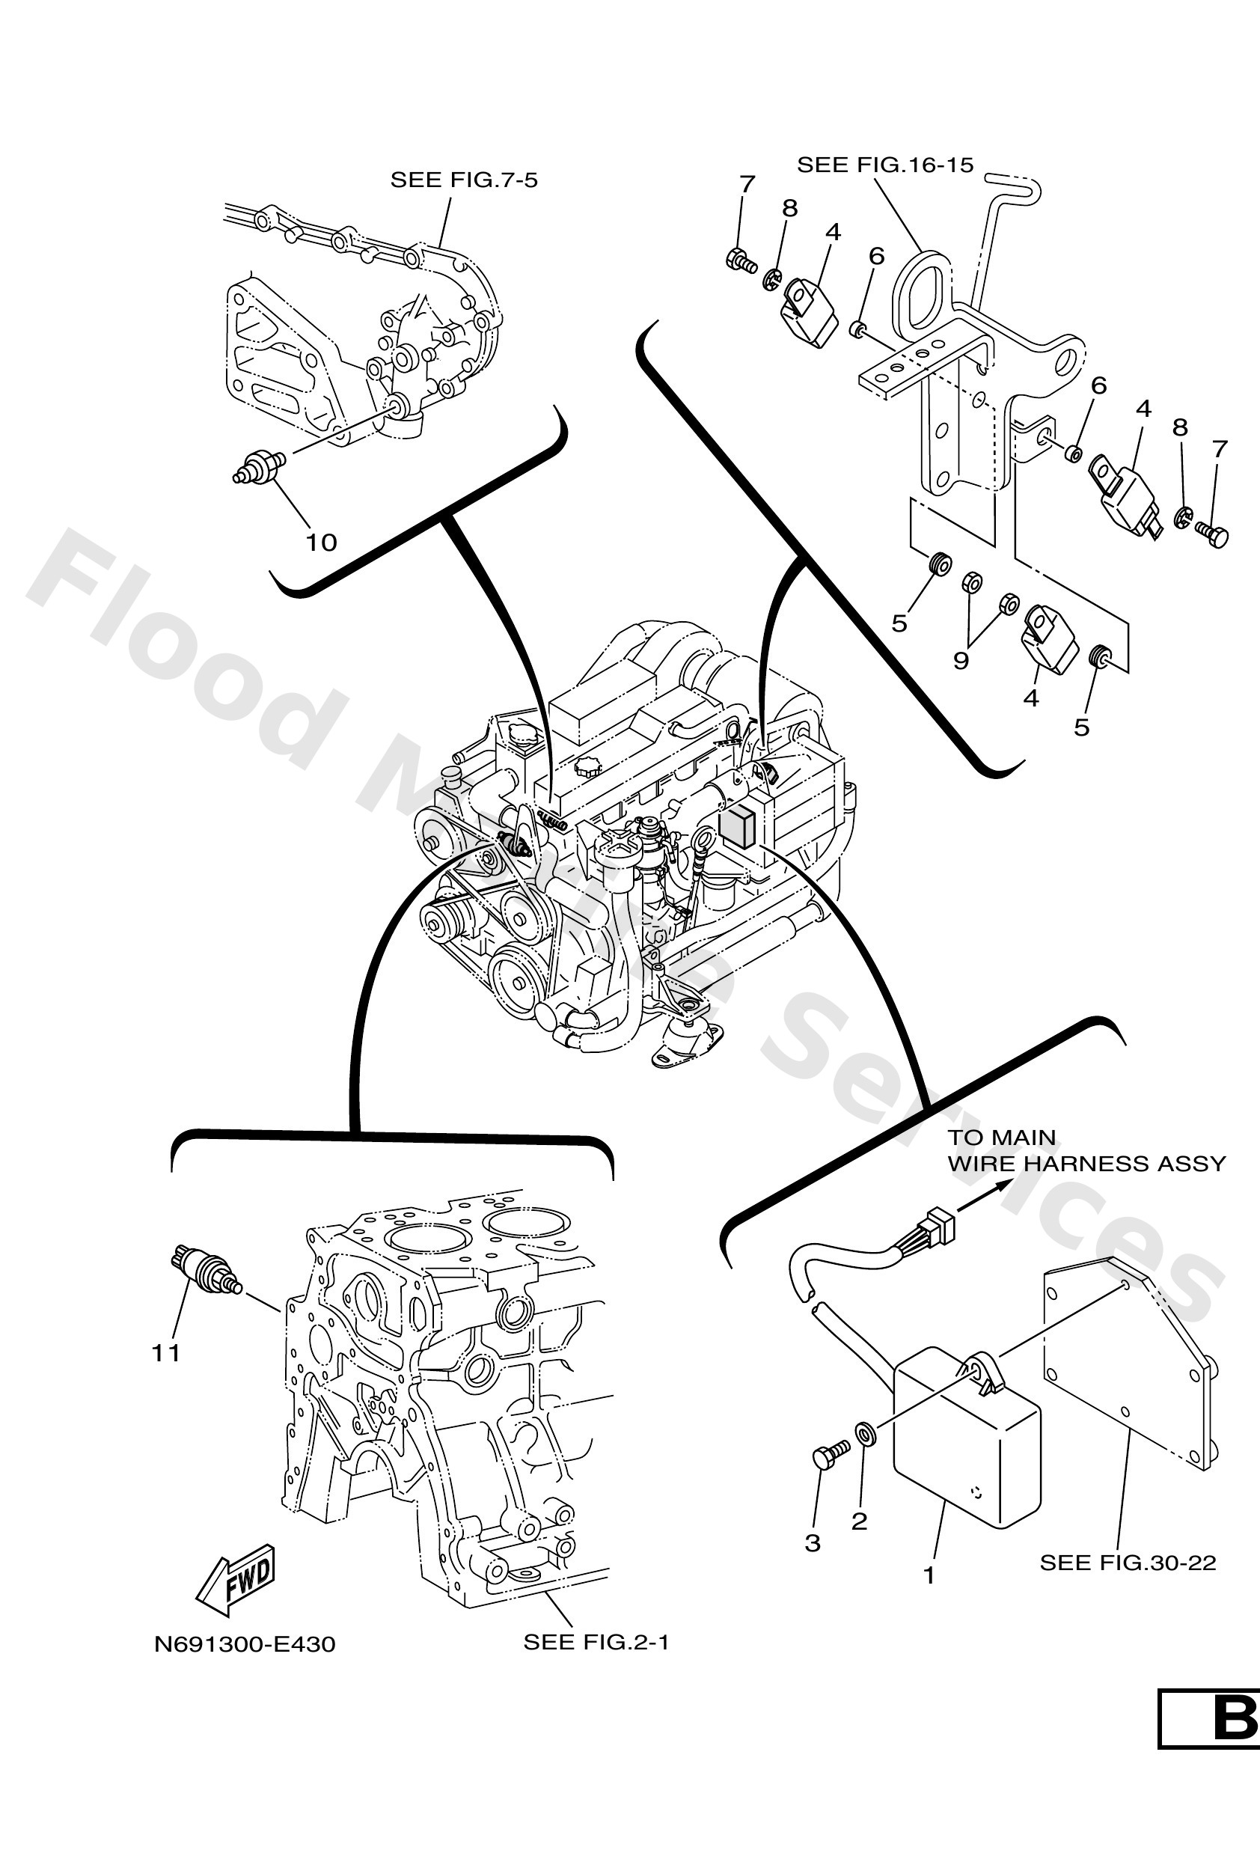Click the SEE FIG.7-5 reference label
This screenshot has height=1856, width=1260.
click(463, 180)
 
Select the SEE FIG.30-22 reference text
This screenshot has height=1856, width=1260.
click(1128, 1563)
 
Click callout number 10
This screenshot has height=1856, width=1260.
click(322, 543)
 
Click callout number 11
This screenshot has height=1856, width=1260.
click(166, 1353)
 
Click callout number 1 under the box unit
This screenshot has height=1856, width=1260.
click(929, 1575)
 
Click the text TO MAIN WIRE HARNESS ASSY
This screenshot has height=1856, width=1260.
click(1085, 1150)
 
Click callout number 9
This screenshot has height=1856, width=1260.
click(961, 662)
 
